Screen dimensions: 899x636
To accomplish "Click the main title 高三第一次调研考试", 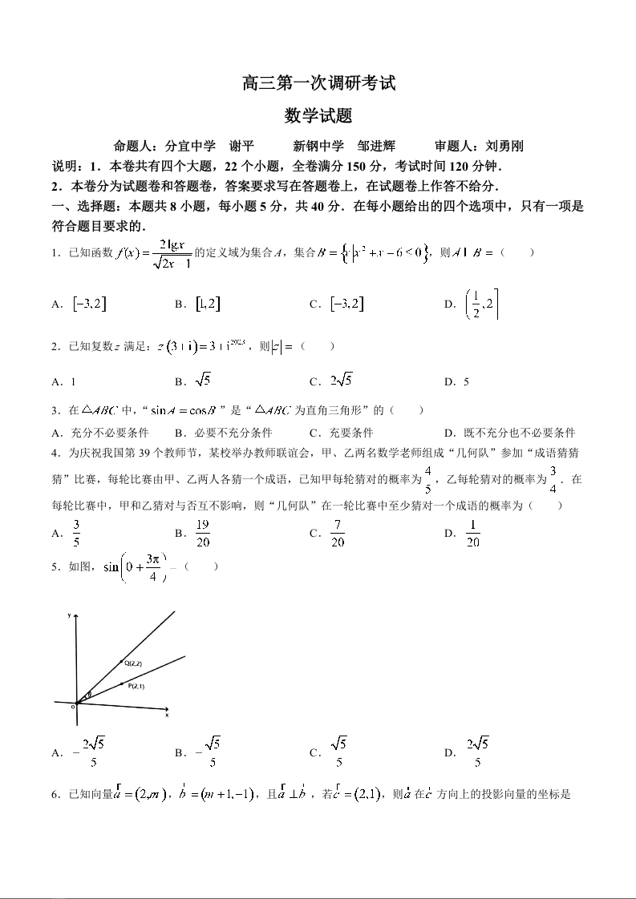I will point(318,83).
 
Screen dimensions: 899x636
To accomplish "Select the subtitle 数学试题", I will point(318,116).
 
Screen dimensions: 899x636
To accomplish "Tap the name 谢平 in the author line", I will point(241,146).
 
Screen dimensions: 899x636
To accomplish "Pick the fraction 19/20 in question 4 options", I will point(202,533).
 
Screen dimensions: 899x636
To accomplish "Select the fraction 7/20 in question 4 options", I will point(337,533).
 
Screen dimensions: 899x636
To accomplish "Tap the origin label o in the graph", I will point(73,706).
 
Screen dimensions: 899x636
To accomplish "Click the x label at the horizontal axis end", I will point(167,715).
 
